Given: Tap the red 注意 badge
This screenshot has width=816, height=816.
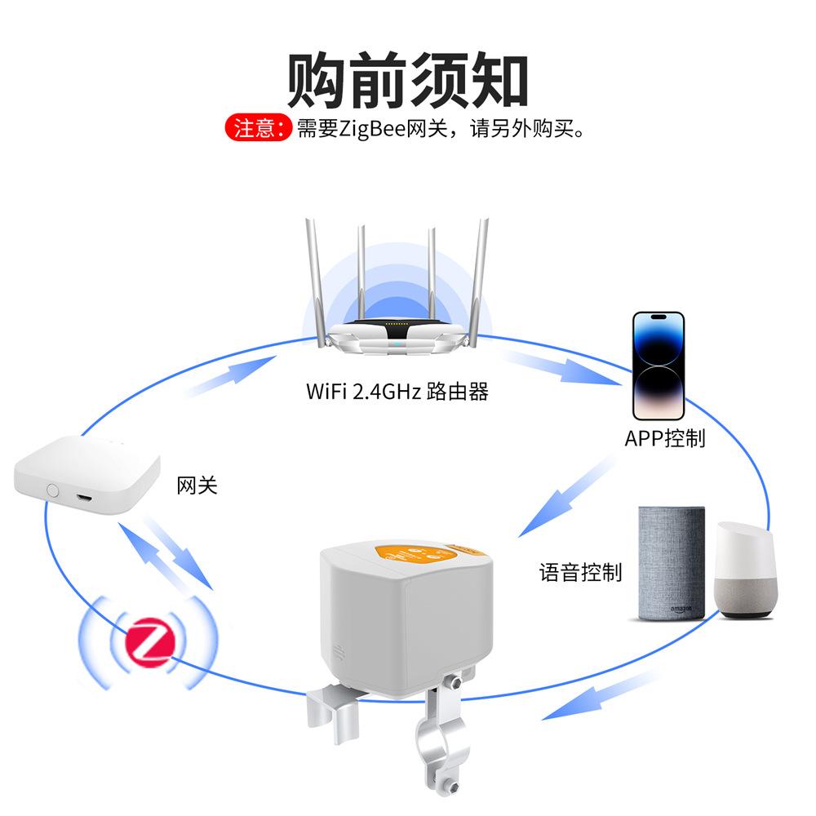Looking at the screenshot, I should [x=257, y=129].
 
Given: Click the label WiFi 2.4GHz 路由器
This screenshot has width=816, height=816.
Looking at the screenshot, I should [x=397, y=391].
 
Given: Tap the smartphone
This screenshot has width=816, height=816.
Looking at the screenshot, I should [x=659, y=364].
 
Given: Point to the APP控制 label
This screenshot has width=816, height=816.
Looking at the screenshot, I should [x=664, y=438].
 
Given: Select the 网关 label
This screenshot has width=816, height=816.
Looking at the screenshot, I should [x=197, y=486].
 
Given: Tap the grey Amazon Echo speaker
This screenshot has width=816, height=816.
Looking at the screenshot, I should [x=670, y=562].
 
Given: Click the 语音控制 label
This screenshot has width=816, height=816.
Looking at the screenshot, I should [x=580, y=572].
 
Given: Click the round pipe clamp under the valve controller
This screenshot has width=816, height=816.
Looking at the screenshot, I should [x=443, y=743].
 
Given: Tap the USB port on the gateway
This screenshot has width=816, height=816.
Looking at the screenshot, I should [x=84, y=495].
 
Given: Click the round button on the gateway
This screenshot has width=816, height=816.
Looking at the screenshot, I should [x=54, y=490].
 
